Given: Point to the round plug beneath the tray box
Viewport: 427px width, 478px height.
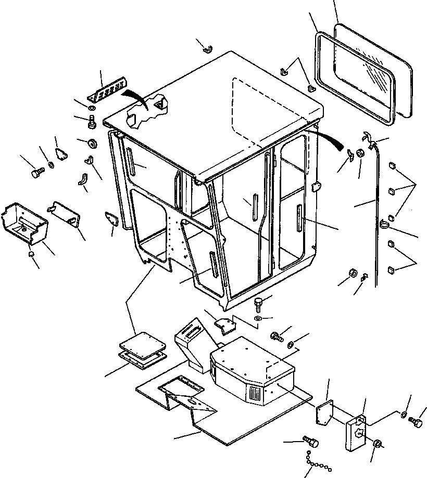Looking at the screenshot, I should pyautogui.click(x=31, y=253).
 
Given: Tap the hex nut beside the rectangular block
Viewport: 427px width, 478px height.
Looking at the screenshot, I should pyautogui.click(x=378, y=444).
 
